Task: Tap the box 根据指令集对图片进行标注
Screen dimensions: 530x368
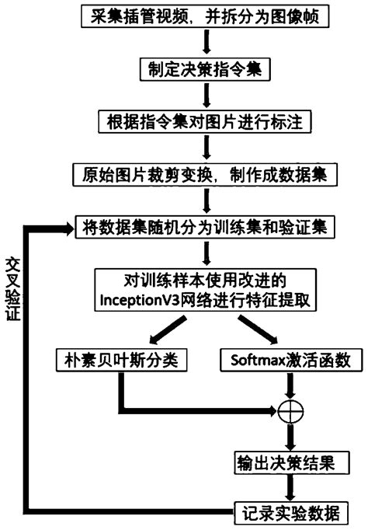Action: (x=205, y=121)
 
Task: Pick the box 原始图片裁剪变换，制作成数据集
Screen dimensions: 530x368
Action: (x=206, y=173)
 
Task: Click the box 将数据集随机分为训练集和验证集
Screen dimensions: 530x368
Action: (x=206, y=227)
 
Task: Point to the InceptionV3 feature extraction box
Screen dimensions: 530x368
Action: (x=205, y=289)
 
